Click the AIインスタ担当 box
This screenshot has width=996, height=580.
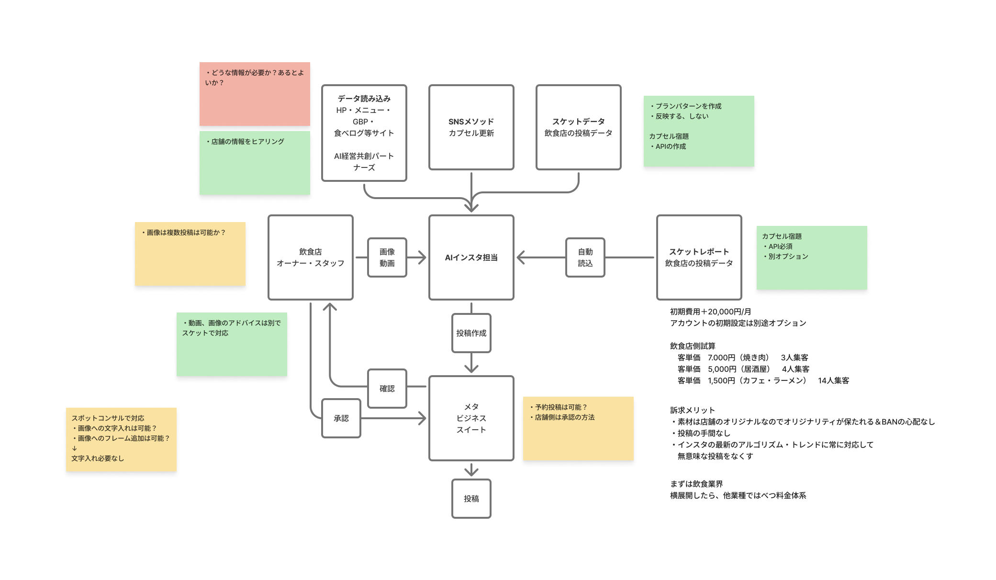pyautogui.click(x=471, y=257)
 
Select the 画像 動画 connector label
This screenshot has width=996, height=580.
pyautogui.click(x=387, y=257)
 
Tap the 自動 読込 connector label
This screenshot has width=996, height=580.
pyautogui.click(x=585, y=257)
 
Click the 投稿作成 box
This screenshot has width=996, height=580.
pyautogui.click(x=471, y=333)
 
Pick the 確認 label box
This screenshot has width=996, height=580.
pyautogui.click(x=387, y=389)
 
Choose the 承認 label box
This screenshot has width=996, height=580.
pyautogui.click(x=341, y=418)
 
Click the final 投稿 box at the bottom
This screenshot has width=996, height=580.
pyautogui.click(x=471, y=499)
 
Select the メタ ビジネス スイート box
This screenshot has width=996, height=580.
pyautogui.click(x=471, y=418)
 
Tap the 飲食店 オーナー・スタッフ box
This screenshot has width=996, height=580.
pyautogui.click(x=311, y=257)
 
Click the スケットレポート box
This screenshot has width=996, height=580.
pyautogui.click(x=699, y=257)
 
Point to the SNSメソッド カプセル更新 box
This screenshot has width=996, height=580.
pyautogui.click(x=471, y=127)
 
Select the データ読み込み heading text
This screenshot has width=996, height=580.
pyautogui.click(x=364, y=99)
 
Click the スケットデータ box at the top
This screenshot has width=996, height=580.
pyautogui.click(x=578, y=127)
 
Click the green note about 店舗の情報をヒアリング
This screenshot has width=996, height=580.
pyautogui.click(x=255, y=163)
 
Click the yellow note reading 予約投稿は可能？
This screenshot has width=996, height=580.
pyautogui.click(x=578, y=428)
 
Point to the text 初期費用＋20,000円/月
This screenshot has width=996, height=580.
pyautogui.click(x=710, y=312)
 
